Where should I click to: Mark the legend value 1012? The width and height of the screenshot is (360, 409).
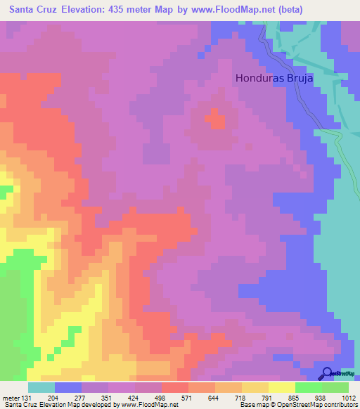coord(347,397)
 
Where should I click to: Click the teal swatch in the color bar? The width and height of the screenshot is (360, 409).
coord(41,387)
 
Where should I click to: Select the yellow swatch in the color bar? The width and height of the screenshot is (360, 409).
coord(282,387)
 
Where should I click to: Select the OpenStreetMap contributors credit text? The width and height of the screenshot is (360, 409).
coord(316,405)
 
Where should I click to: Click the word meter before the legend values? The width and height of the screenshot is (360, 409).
coord(9,397)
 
